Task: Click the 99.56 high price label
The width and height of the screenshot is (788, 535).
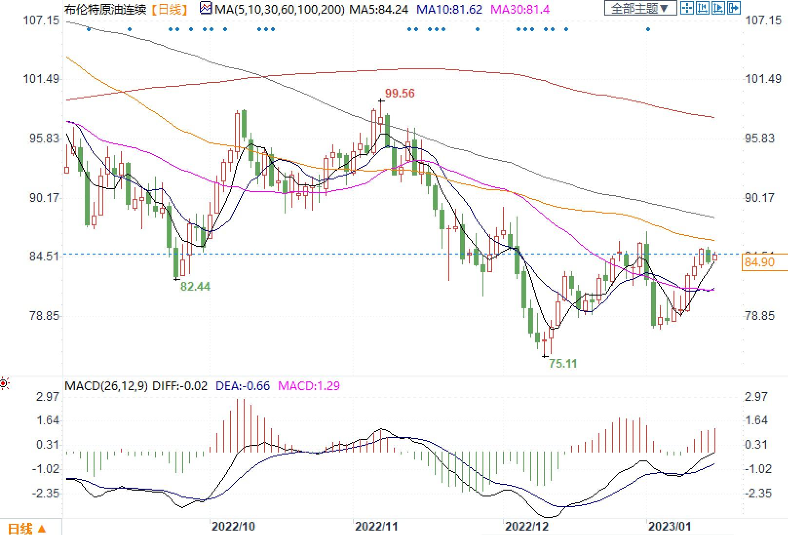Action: [x=400, y=93]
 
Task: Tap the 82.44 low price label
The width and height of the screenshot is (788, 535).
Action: [x=195, y=286]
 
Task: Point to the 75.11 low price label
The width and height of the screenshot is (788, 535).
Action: [x=562, y=363]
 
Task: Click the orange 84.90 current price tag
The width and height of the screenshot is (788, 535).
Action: [x=760, y=262]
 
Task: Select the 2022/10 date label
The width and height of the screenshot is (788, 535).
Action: [x=233, y=526]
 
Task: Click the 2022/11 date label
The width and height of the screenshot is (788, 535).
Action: [x=376, y=526]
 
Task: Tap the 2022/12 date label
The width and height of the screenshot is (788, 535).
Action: [x=526, y=526]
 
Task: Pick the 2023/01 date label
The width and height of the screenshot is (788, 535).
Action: [x=669, y=526]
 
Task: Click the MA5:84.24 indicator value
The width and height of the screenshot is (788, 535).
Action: [x=379, y=9]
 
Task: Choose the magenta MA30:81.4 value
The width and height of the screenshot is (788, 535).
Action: [x=519, y=9]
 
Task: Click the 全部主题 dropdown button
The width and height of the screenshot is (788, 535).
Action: [x=640, y=8]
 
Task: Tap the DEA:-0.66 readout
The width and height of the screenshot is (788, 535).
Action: [x=242, y=386]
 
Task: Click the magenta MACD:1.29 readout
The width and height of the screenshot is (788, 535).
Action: [x=308, y=386]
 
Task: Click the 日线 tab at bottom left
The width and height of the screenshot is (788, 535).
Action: [x=27, y=529]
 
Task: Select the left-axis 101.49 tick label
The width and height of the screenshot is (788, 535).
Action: [x=41, y=79]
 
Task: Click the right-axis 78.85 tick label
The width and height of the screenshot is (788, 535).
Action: [x=759, y=316]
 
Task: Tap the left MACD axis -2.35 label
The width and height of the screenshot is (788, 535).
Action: [x=45, y=494]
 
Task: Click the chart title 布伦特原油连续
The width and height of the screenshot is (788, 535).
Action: [x=105, y=9]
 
